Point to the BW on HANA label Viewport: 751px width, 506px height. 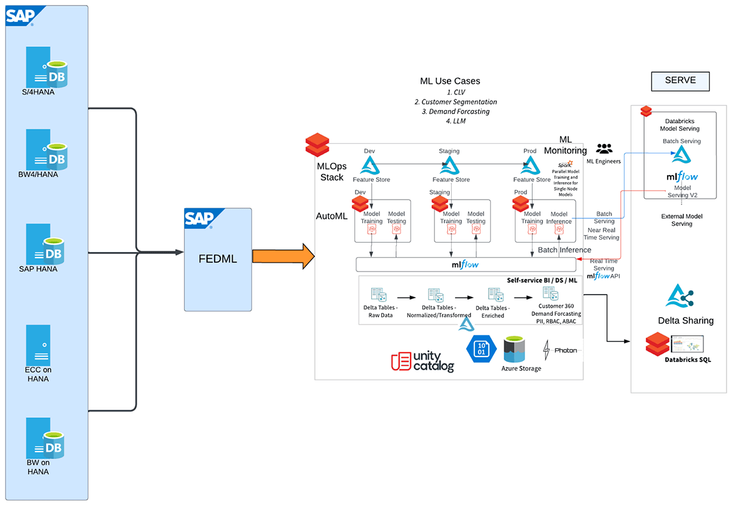pyautogui.click(x=38, y=467)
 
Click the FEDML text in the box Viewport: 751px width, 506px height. pyautogui.click(x=217, y=258)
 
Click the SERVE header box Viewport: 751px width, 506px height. pyautogui.click(x=680, y=81)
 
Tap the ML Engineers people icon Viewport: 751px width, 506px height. pyautogui.click(x=604, y=149)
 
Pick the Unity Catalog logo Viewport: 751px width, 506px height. pyautogui.click(x=422, y=362)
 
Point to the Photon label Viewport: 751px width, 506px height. pyautogui.click(x=566, y=350)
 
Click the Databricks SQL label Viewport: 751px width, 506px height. pyautogui.click(x=688, y=360)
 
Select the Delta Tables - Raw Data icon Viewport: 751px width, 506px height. pyautogui.click(x=379, y=295)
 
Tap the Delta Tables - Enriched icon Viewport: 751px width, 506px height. pyautogui.click(x=495, y=295)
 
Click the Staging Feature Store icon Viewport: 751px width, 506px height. pyautogui.click(x=449, y=166)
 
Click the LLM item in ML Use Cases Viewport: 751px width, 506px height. pyautogui.click(x=451, y=121)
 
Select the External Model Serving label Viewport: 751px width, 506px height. pyautogui.click(x=681, y=220)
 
